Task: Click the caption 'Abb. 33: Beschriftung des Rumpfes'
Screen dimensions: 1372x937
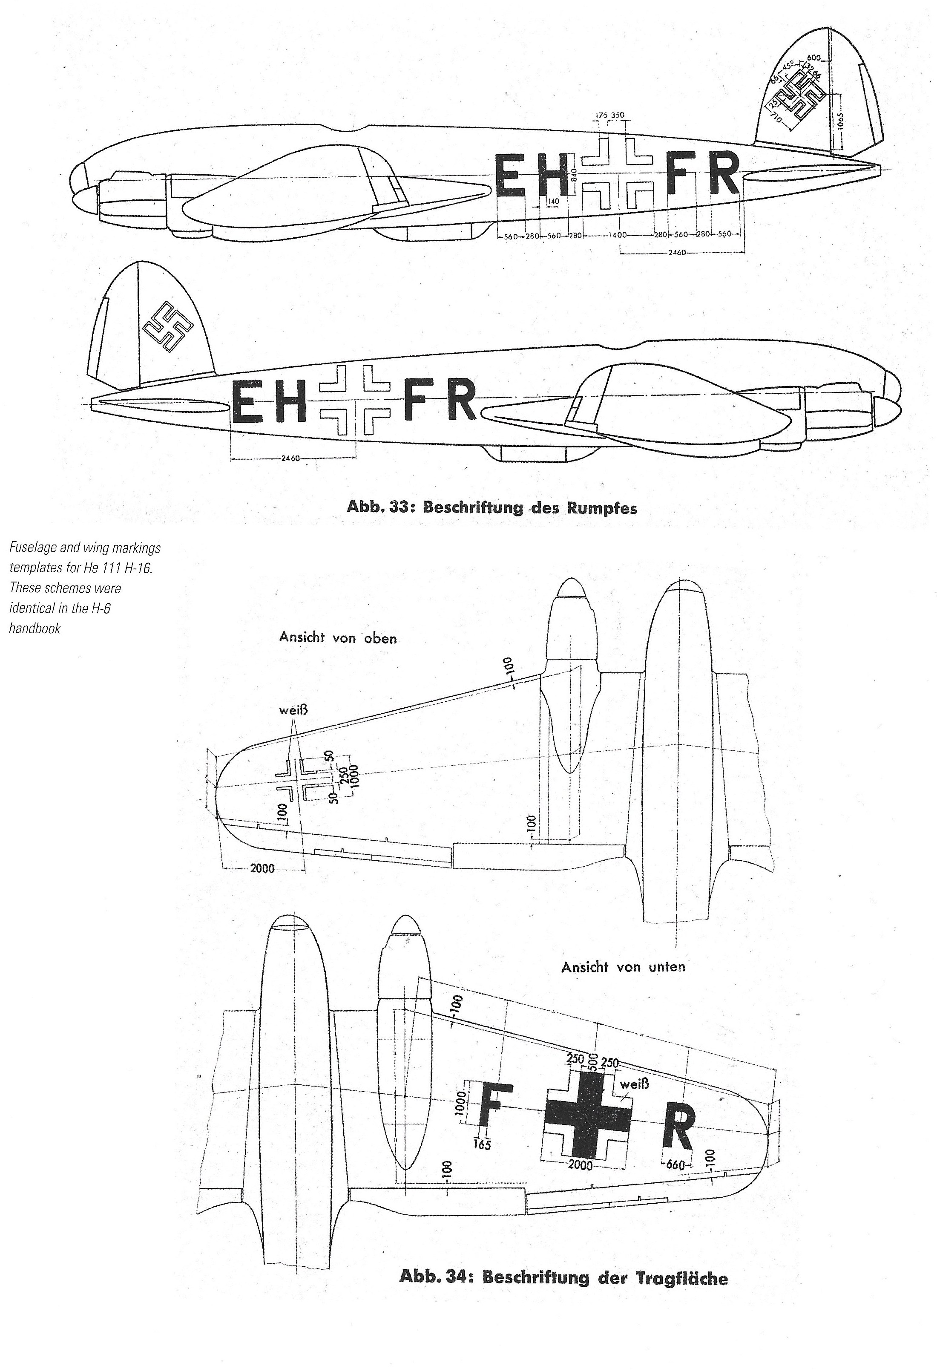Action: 491,508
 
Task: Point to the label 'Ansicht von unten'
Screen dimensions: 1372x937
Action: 623,967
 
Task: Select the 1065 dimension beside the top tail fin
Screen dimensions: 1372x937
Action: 840,124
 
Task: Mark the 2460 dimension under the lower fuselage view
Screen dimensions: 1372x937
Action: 291,458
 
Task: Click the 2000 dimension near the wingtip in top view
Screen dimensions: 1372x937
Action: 262,869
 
